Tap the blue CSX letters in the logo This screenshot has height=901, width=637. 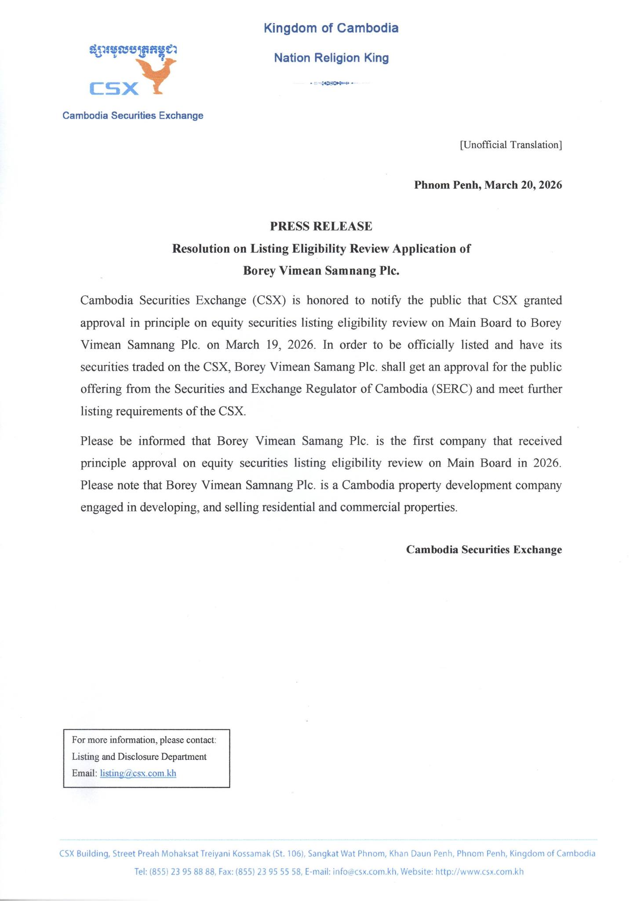114,88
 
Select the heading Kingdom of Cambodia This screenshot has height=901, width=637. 331,28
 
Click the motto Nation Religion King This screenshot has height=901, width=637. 331,58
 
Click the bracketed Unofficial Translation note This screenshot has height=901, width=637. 510,145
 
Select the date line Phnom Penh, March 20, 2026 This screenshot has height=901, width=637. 488,185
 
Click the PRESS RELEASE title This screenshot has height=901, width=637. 321,226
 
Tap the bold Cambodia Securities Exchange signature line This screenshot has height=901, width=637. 484,549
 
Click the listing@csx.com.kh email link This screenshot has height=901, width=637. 138,773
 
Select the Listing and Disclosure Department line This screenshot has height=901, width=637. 139,757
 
